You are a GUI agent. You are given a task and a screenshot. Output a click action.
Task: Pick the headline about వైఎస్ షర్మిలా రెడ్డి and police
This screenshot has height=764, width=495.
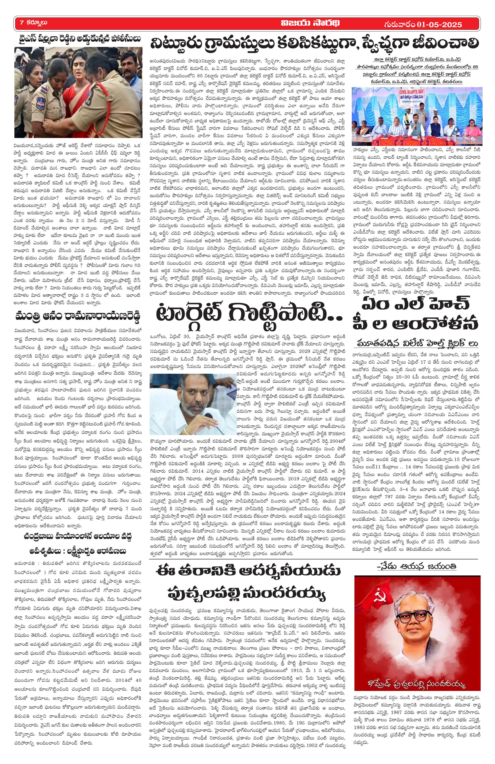pyautogui.click(x=77, y=39)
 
